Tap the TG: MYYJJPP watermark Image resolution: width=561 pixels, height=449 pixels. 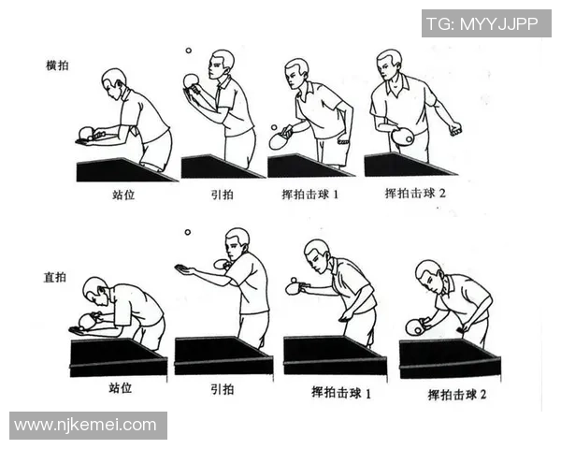click(x=484, y=24)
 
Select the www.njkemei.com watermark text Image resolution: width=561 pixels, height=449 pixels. click(x=86, y=425)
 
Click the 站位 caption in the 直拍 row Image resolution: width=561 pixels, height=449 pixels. click(x=122, y=388)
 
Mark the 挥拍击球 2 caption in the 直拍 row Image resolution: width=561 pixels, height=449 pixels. click(x=458, y=395)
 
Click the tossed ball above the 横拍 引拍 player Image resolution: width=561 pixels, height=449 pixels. click(x=189, y=51)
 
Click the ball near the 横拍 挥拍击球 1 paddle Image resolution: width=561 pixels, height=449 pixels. click(x=273, y=127)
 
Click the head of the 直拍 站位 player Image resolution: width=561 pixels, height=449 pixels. click(x=94, y=290)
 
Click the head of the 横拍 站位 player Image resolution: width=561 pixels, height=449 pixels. click(x=113, y=80)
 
